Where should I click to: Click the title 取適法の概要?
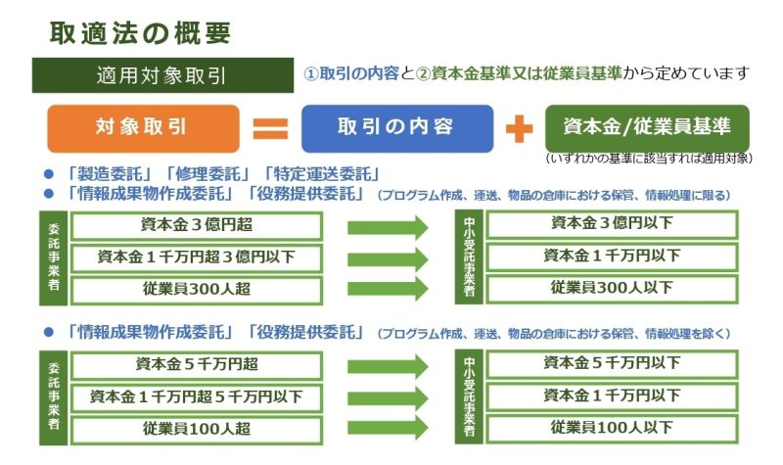click(x=141, y=32)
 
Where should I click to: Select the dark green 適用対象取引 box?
click(x=157, y=74)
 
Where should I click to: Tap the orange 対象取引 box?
click(x=142, y=127)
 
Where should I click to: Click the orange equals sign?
click(x=270, y=128)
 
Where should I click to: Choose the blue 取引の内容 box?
click(x=395, y=127)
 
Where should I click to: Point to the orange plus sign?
click(x=519, y=128)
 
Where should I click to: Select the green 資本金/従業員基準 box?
click(x=646, y=127)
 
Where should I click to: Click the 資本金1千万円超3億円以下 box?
click(x=196, y=256)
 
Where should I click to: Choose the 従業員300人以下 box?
click(x=612, y=288)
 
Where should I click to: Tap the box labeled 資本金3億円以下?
click(x=612, y=224)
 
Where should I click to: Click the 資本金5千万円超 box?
click(x=196, y=364)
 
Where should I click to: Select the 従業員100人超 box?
click(x=196, y=429)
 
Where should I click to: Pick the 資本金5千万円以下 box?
click(x=612, y=363)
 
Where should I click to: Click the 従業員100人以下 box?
click(x=612, y=428)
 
